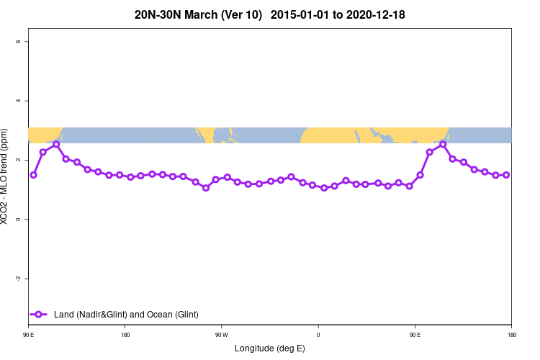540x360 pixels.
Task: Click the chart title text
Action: coord(269,14)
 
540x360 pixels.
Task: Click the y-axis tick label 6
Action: coord(17,41)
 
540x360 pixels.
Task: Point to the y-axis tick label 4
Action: coord(17,101)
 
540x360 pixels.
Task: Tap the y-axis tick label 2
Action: coord(17,160)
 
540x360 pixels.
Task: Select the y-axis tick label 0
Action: coord(17,219)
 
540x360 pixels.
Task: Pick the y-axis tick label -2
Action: coord(17,279)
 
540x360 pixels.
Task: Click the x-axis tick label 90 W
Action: coord(221,334)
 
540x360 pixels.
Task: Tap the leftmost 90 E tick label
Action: coord(28,334)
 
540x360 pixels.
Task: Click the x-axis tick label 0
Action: coord(318,334)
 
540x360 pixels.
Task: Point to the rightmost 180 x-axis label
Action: coord(511,334)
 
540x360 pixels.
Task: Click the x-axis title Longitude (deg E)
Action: coord(270,348)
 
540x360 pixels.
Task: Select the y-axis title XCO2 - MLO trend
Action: coord(5,176)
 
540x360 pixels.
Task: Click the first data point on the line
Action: coord(33,175)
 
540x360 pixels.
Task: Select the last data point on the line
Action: coord(506,175)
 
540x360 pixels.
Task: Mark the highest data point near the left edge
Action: coord(56,144)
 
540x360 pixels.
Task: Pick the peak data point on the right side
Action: coord(443,144)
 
